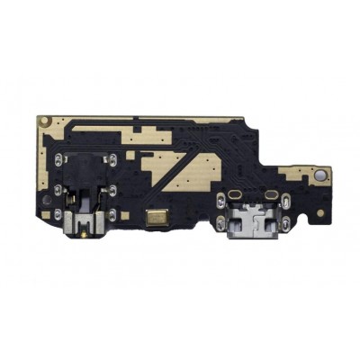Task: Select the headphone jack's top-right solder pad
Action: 110,159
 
